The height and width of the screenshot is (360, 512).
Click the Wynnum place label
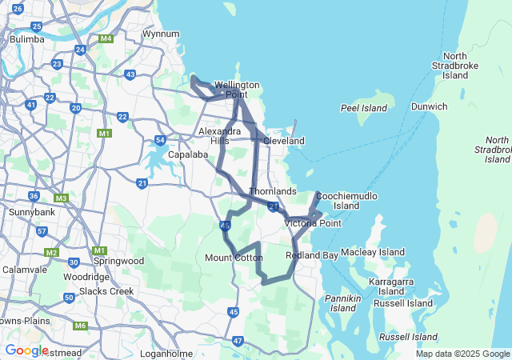tap(160, 34)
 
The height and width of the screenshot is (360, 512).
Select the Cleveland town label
tap(284, 141)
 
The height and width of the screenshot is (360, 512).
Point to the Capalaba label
tap(188, 155)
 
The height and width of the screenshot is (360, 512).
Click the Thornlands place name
tap(273, 192)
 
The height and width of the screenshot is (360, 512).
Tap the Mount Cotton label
tap(234, 258)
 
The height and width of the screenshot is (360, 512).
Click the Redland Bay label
tap(311, 255)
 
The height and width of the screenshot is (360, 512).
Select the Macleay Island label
tap(373, 253)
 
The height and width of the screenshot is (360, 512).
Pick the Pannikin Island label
tap(345, 303)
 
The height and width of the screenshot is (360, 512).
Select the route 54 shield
tap(160, 141)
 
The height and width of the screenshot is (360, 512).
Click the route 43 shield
tap(130, 74)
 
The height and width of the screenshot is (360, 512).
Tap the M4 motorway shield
tap(106, 38)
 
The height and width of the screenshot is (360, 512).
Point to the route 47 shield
tap(238, 341)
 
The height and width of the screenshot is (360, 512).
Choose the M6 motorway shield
tap(80, 326)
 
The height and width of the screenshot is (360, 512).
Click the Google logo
tap(26, 350)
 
